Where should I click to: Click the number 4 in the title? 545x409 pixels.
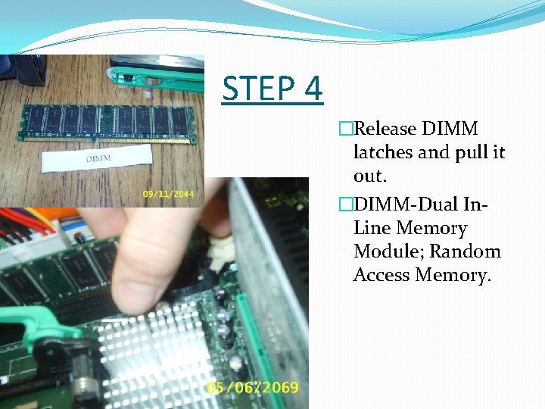[x=311, y=89]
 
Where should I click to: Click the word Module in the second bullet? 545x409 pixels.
[x=385, y=251]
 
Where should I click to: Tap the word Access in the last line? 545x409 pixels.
[x=381, y=275]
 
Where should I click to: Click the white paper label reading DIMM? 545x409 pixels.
[x=98, y=160]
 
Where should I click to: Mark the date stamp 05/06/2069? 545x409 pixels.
[x=253, y=388]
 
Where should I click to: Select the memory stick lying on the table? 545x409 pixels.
[x=107, y=120]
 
